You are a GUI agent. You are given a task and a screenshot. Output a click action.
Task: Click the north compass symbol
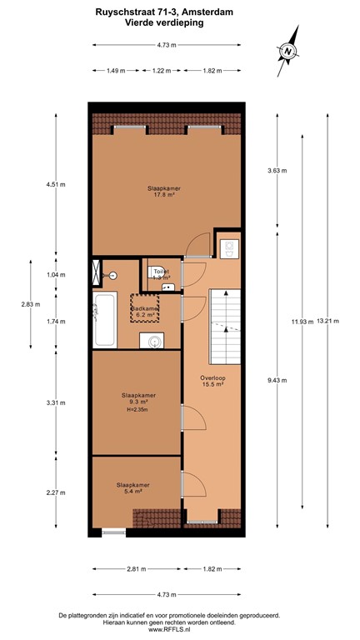287,51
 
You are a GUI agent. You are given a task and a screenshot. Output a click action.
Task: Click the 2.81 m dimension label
137,569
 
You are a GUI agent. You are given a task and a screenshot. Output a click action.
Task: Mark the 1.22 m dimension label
161,71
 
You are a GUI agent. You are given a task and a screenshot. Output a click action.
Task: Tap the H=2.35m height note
137,410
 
